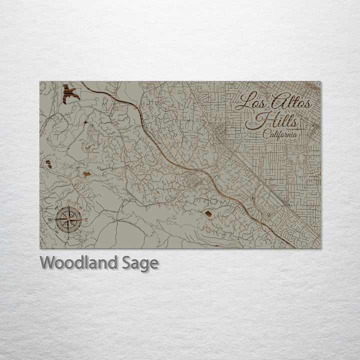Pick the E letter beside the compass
[85, 219]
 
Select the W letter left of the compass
[50, 219]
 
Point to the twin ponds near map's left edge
[48, 163]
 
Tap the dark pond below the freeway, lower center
[208, 213]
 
